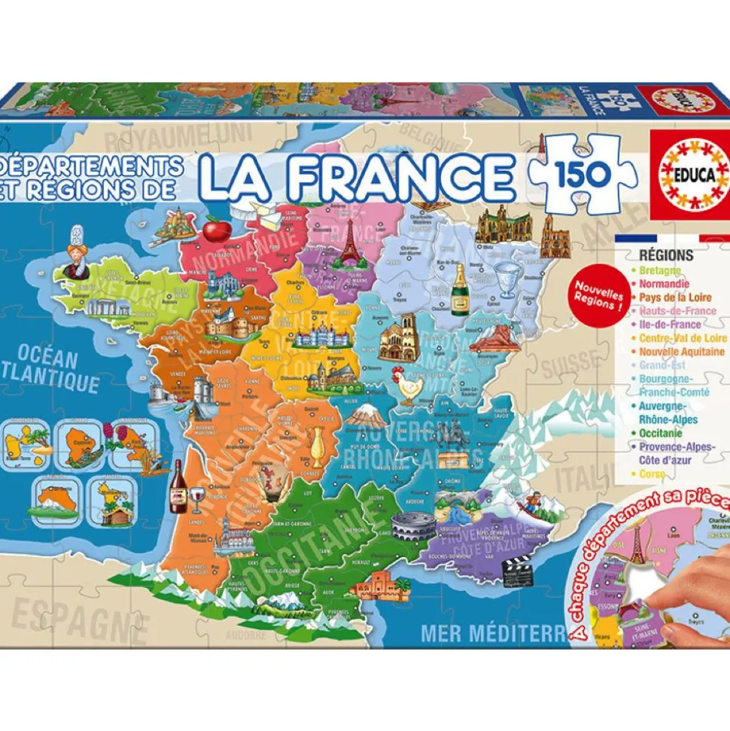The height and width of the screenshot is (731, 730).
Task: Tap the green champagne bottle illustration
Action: (459, 289)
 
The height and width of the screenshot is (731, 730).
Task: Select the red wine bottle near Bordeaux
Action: (178, 487)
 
